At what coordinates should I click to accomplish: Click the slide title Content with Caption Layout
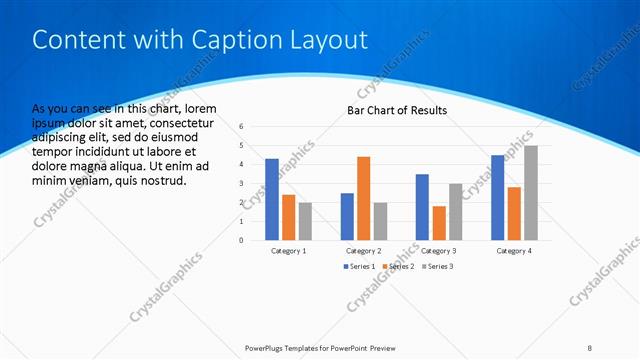200,40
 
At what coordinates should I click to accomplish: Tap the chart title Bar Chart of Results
396,110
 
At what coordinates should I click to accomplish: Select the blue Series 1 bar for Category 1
272,199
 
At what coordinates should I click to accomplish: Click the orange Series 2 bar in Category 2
363,198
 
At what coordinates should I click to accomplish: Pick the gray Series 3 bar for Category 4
530,193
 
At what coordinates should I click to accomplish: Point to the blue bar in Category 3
422,207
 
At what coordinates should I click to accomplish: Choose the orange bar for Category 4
514,213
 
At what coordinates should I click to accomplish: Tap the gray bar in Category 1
304,221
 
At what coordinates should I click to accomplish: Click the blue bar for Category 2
347,216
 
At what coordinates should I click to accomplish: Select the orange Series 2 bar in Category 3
438,223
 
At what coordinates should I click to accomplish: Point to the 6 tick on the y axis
242,127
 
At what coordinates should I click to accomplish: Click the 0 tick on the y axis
242,240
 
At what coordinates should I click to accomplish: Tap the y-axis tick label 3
242,183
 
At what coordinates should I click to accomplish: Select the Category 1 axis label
288,250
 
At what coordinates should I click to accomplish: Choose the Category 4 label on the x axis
514,250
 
